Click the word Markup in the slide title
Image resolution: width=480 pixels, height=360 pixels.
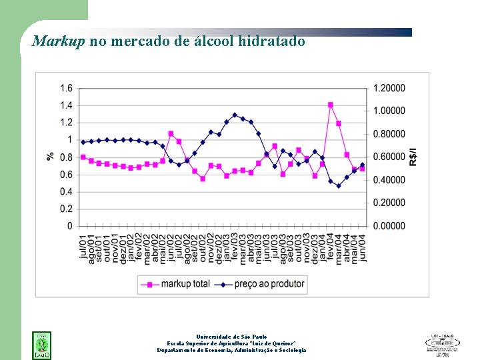(59, 41)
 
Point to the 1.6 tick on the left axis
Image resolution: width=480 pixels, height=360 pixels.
(66, 88)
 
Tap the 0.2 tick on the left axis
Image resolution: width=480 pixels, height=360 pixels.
(66, 209)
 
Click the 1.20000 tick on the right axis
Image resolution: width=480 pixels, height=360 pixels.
(389, 88)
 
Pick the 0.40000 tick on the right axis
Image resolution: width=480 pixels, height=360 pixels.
(389, 180)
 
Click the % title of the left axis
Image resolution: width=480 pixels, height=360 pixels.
(51, 157)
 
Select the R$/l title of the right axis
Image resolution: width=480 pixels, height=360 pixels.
(413, 157)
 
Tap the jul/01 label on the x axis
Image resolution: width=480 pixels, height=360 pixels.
(83, 247)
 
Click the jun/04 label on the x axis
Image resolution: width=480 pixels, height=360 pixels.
(362, 247)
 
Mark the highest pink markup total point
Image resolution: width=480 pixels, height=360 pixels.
(330, 105)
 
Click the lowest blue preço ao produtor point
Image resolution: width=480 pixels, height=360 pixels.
(338, 186)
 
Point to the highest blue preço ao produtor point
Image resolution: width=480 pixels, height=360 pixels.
(235, 115)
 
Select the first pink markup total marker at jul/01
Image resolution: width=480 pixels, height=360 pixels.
(83, 157)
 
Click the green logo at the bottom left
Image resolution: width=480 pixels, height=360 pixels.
(41, 343)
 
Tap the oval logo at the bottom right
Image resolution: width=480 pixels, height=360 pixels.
(442, 343)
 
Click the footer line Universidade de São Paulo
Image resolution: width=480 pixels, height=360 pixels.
(231, 337)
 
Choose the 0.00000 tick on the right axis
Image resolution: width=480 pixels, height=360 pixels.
(389, 226)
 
